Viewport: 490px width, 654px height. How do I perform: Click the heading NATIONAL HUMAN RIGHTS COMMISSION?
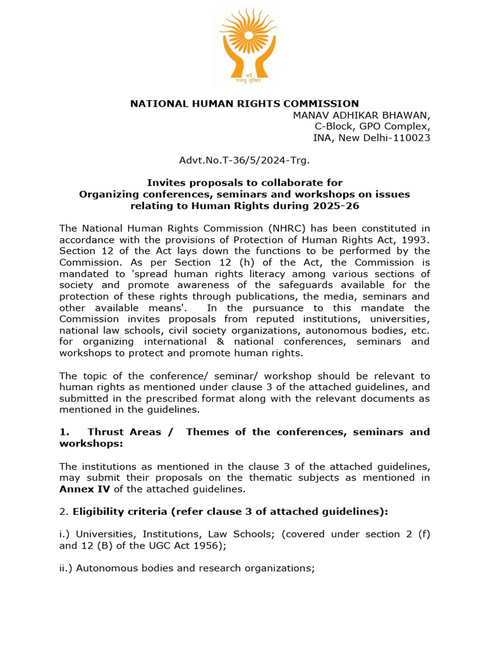click(x=244, y=103)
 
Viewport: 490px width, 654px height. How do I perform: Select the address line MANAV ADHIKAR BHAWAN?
click(x=361, y=115)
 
